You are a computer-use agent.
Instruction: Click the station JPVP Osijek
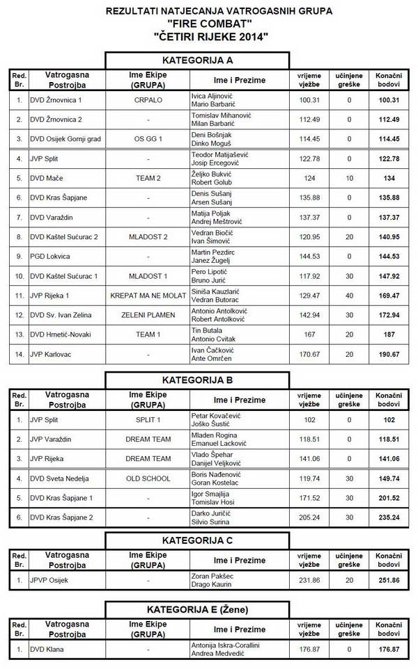(x=46, y=579)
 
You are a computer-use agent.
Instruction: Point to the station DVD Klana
(x=42, y=650)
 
